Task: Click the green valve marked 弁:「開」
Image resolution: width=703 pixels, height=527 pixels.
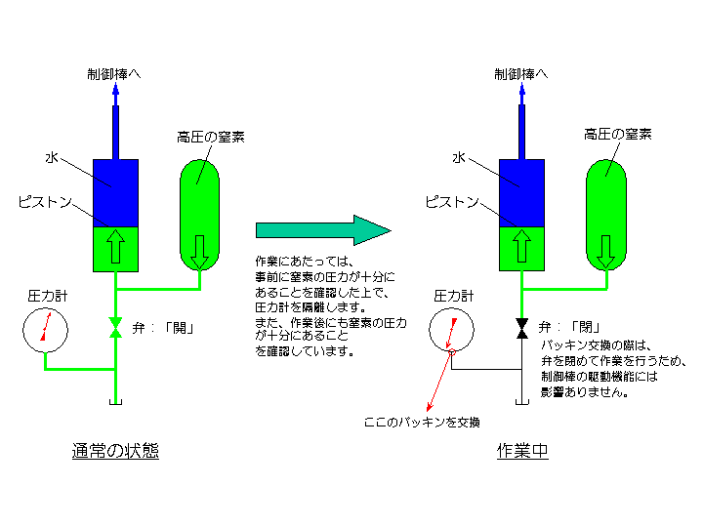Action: click(x=115, y=328)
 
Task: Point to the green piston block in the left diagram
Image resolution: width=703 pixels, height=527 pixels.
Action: click(x=115, y=248)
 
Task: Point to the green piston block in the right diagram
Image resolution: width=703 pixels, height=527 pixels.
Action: click(x=521, y=248)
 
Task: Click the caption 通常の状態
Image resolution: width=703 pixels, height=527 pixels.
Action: click(x=115, y=451)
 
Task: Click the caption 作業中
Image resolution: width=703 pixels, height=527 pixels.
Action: click(x=522, y=451)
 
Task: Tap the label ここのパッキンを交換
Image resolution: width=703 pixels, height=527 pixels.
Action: click(x=422, y=422)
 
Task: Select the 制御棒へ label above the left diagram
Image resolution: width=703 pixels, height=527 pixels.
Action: click(x=114, y=74)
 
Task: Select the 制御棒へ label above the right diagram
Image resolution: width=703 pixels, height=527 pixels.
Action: click(x=521, y=74)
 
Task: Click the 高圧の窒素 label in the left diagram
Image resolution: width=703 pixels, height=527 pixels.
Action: click(x=210, y=136)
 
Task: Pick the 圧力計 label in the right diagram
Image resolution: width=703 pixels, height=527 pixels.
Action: click(x=452, y=295)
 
